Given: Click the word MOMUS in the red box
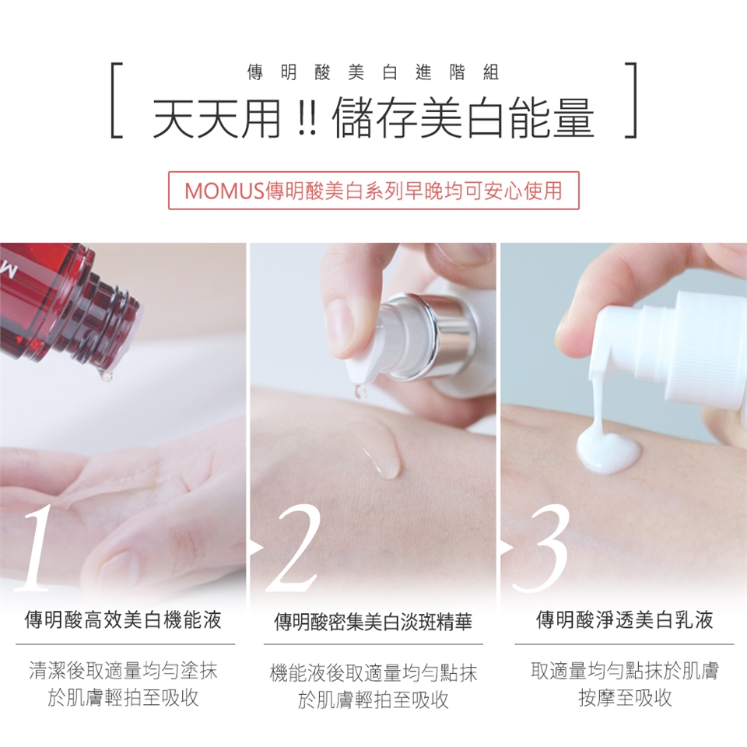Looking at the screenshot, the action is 224,191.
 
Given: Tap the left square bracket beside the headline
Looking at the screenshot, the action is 114,100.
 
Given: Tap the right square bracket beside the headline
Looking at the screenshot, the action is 632,100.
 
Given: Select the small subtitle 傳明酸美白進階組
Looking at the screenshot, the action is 373,72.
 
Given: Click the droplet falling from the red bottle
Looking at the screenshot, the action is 106,377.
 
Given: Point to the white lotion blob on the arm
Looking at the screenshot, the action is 608,451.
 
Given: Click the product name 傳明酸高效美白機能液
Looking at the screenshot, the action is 123,620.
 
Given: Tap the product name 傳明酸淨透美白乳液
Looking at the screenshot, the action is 625,620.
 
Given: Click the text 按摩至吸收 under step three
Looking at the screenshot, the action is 625,698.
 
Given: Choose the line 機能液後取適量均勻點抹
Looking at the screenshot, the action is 373,672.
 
